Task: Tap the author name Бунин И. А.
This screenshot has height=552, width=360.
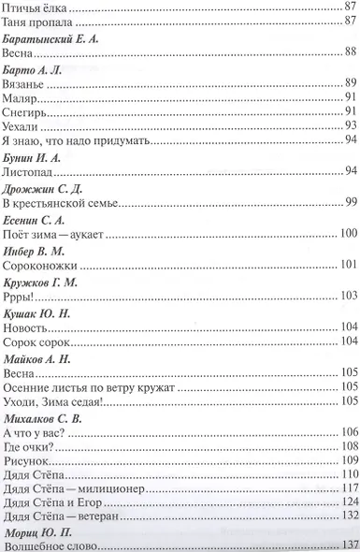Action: tap(34, 158)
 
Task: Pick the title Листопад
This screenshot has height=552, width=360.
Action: tap(28, 172)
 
